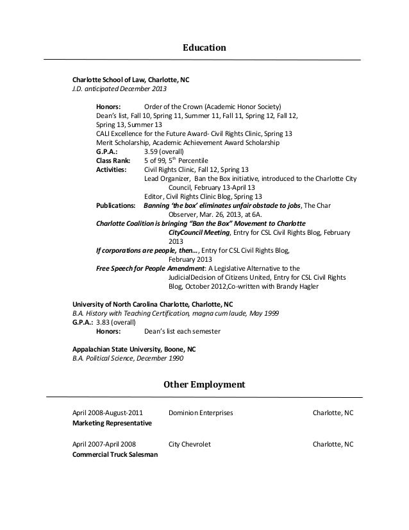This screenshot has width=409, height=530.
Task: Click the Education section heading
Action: tap(204, 47)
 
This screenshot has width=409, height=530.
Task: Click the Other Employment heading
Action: tap(204, 385)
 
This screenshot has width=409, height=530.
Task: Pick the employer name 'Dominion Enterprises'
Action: tap(201, 413)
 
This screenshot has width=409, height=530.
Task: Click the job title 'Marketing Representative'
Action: tap(112, 424)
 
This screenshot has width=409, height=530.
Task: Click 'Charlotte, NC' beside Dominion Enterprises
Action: tap(333, 413)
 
